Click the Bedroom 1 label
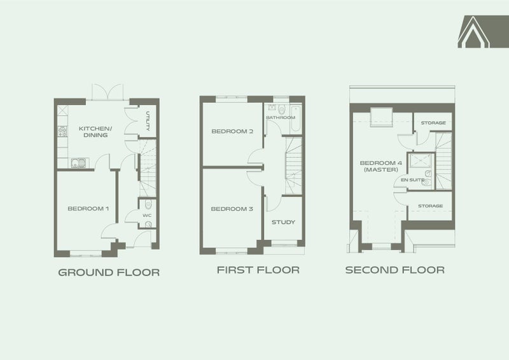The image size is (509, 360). (88, 209)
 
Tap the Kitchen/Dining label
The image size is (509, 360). (95, 132)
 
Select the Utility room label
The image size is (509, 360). (148, 121)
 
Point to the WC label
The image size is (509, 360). (147, 216)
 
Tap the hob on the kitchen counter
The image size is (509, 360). (62, 132)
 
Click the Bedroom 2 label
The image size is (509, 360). (232, 131)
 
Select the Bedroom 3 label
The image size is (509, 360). (232, 209)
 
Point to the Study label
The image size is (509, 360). (283, 222)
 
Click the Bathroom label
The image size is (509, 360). (281, 117)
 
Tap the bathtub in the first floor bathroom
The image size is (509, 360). (296, 118)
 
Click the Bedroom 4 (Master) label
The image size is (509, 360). (380, 166)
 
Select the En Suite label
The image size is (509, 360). (412, 179)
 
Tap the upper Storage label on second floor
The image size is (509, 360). (433, 123)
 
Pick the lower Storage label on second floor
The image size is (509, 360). (431, 206)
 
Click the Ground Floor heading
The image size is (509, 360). (109, 272)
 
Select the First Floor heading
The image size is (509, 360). (258, 270)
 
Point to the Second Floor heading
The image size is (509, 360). (394, 270)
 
